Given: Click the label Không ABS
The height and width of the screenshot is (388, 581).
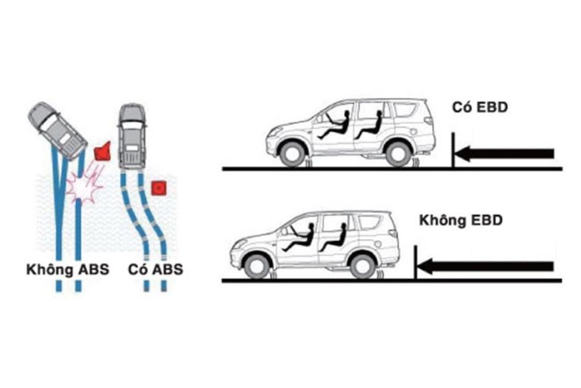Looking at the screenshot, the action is coord(68,269).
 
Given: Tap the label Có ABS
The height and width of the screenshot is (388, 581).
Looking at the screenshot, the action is coord(155,269).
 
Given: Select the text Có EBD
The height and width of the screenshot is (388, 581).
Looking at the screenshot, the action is coord(480,107).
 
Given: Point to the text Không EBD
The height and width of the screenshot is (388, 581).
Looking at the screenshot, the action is coord(461,220).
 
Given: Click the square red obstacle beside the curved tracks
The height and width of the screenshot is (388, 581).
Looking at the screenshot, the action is coord(159,188).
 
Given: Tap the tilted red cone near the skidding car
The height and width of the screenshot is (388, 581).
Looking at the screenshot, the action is coord(103,151).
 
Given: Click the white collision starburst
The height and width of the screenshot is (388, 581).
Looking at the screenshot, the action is coord(84,187).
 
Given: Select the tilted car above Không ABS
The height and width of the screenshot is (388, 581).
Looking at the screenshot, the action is coord(57,130).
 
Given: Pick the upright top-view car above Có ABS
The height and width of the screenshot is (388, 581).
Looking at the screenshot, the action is coord(132,136).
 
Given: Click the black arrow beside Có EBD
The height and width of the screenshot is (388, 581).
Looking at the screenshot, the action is coord(504,153).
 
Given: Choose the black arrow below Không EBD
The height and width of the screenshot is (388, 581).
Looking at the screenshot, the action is coord(486,266).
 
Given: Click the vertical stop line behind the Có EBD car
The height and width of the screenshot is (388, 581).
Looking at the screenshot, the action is coord(453,150).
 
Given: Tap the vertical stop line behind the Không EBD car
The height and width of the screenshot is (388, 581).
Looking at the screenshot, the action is coord(416,262).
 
